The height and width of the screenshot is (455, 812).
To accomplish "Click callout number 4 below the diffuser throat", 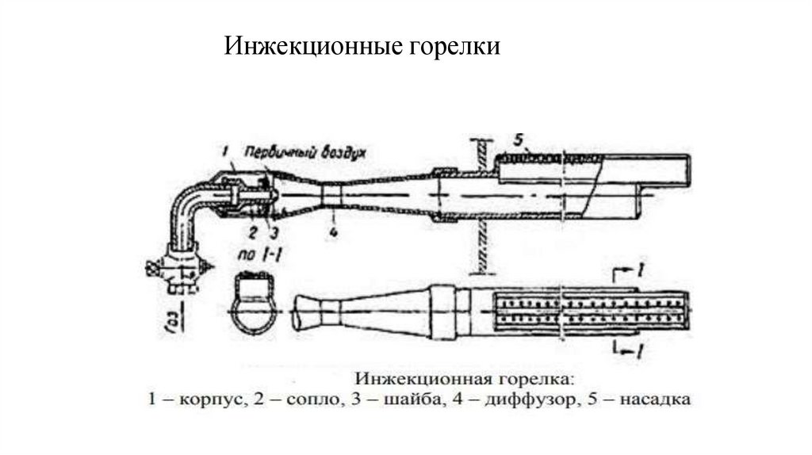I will [x=334, y=232].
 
